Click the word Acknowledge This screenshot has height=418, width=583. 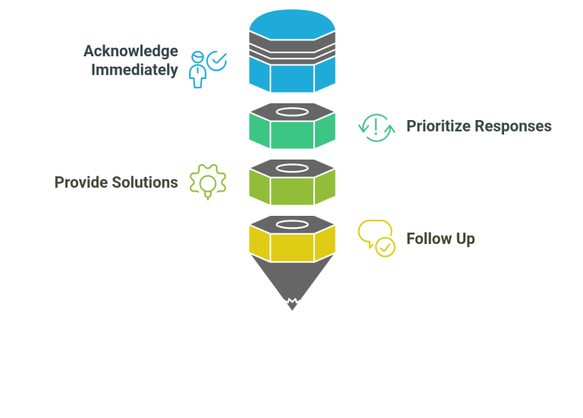131,52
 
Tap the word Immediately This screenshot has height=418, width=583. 134,70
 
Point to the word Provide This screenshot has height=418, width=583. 81,182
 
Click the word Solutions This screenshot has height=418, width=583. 145,182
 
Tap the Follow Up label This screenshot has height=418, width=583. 440,239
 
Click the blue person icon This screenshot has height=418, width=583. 197,70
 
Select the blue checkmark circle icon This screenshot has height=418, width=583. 217,61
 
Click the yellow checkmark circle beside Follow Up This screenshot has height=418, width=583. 385,247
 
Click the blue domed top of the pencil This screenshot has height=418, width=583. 292,24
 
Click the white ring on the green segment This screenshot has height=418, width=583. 292,112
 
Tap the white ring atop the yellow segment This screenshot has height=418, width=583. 292,224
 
